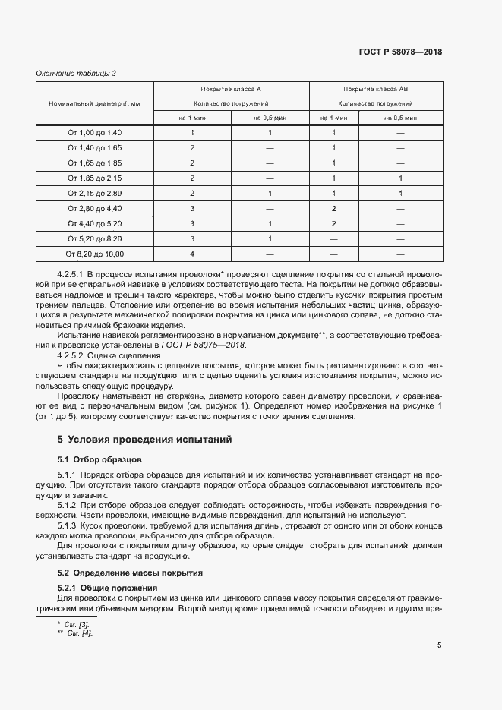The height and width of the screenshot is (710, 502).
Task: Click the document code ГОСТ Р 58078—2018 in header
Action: click(400, 52)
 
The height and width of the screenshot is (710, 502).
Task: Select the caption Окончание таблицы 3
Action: click(76, 73)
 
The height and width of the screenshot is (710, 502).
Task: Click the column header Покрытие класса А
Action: click(231, 88)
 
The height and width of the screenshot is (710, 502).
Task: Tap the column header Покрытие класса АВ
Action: click(376, 88)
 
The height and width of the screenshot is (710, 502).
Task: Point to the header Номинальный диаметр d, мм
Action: click(94, 103)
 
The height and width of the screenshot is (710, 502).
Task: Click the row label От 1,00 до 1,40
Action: click(94, 133)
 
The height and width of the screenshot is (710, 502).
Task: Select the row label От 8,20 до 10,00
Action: click(94, 254)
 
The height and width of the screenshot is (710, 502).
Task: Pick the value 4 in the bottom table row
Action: click(192, 254)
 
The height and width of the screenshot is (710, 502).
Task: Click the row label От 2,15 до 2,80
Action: click(94, 193)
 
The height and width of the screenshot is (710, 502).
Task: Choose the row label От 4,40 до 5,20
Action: click(94, 223)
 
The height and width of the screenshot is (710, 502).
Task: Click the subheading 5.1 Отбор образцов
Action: click(99, 459)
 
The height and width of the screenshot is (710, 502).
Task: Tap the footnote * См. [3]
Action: click(74, 624)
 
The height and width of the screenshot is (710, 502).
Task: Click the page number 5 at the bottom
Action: click(440, 645)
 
